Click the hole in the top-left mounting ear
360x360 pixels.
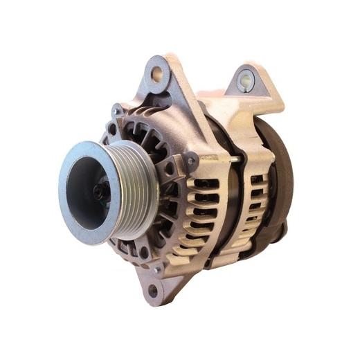157,73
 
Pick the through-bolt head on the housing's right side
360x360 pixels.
190,161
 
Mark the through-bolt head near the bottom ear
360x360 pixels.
158,269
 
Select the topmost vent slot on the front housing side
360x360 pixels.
202,183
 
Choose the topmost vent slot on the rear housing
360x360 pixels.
258,179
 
